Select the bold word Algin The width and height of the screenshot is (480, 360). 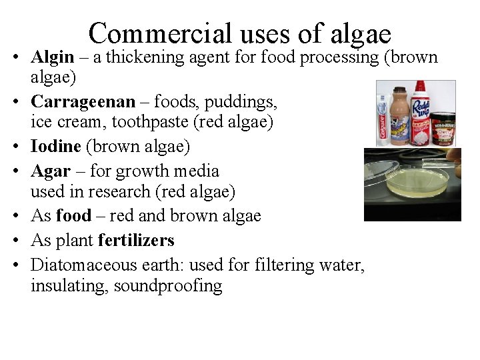point(53,57)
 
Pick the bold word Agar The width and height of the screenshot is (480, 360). point(49,171)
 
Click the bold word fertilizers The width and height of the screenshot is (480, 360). point(136,240)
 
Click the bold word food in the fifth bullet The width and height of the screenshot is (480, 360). point(73,215)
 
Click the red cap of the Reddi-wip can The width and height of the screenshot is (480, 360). point(421,87)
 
